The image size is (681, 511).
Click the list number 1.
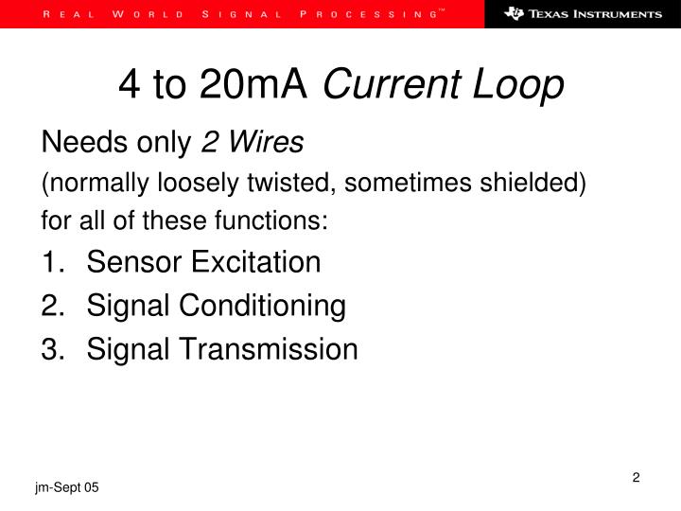tap(51, 261)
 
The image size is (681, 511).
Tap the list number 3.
tap(51, 350)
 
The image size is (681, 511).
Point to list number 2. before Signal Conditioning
tap(51, 306)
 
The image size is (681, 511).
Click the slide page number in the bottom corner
tap(637, 478)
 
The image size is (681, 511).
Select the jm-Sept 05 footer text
tap(67, 486)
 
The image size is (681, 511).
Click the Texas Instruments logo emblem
tap(514, 14)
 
